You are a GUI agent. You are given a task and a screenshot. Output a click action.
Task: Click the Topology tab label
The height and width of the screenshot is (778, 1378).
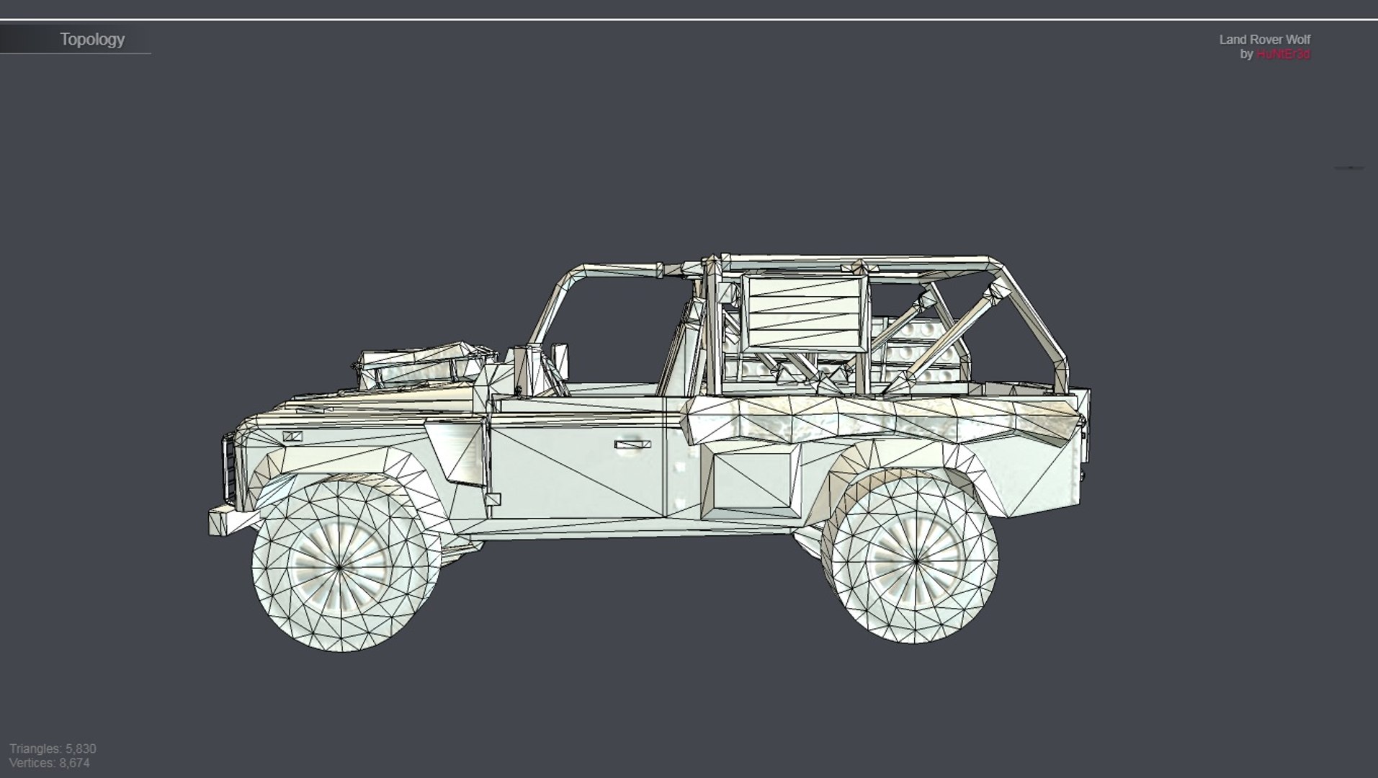[x=92, y=40]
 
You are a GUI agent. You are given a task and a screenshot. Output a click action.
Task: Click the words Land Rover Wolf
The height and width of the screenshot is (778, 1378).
[x=1264, y=40]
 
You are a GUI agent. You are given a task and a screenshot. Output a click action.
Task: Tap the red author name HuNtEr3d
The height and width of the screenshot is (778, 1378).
[x=1283, y=55]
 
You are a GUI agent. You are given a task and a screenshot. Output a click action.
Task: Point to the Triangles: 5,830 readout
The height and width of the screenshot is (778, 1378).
[x=53, y=748]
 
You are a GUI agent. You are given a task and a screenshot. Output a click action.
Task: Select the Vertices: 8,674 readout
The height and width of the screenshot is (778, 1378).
[x=50, y=763]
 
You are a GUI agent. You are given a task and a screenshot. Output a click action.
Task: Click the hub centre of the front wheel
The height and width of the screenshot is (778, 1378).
[x=340, y=568]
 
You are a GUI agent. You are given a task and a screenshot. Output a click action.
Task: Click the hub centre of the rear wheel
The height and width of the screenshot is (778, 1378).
[x=916, y=560]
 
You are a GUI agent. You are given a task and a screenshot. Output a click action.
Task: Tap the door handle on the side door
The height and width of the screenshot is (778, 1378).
[x=632, y=444]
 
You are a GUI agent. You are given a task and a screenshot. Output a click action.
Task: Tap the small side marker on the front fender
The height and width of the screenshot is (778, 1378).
[x=292, y=437]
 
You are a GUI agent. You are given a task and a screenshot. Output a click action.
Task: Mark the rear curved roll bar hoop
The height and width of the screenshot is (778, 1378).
[x=1037, y=317]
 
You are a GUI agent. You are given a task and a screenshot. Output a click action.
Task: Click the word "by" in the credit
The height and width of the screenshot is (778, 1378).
[x=1246, y=55]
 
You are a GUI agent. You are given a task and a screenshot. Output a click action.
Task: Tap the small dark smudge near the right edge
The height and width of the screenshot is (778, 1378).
[x=1348, y=168]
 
